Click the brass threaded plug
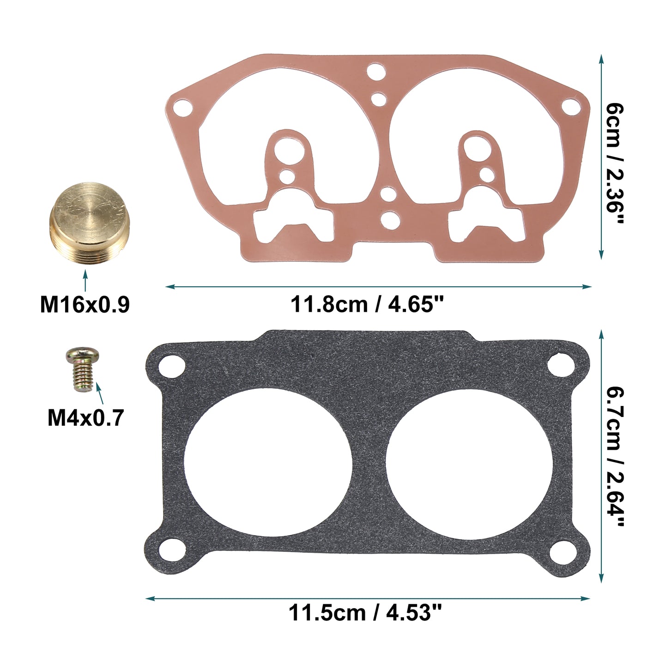pyautogui.click(x=90, y=223)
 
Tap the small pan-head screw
pyautogui.click(x=82, y=369)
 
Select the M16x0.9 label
pyautogui.click(x=85, y=304)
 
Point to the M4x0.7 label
pyautogui.click(x=85, y=417)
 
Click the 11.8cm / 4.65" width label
pyautogui.click(x=368, y=304)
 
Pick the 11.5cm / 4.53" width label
pyautogui.click(x=365, y=613)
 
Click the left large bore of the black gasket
pyautogui.click(x=268, y=463)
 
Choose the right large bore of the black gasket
pyautogui.click(x=470, y=463)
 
